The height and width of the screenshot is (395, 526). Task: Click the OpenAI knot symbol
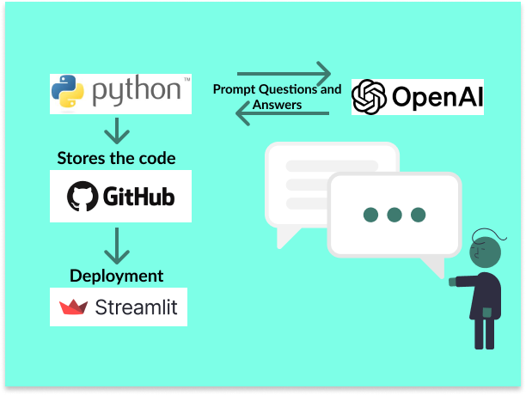[x=370, y=96]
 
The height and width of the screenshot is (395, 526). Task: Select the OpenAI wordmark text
[x=437, y=97]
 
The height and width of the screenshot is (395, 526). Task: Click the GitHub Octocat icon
[x=83, y=197]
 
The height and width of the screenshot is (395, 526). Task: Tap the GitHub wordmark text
[x=138, y=197]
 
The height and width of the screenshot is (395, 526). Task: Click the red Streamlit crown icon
[x=73, y=307]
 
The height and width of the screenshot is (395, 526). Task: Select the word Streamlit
[x=137, y=307]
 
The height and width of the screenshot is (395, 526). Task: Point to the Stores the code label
[x=116, y=158]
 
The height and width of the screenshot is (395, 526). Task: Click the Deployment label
[x=116, y=276]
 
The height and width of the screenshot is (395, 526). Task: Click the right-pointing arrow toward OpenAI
[x=284, y=72]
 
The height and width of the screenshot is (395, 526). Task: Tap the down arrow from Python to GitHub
[x=116, y=131]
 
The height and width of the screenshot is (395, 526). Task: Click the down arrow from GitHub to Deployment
[x=116, y=246]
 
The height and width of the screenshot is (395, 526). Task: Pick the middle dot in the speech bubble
[x=394, y=215]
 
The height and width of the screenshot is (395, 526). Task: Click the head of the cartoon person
[x=487, y=252]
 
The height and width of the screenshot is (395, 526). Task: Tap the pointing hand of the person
[x=452, y=281]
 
